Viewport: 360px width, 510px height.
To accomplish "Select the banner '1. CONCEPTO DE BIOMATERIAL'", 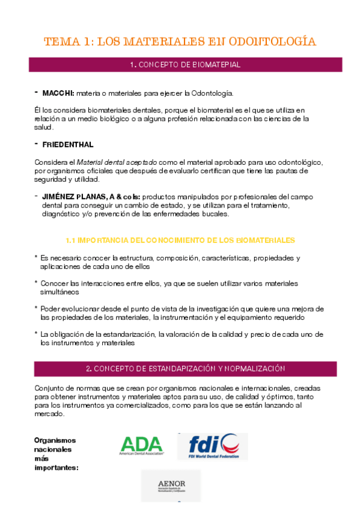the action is (185, 64).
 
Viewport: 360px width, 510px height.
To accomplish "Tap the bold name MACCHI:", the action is (58, 93).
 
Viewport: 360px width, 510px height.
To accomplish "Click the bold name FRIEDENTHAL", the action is (67, 145).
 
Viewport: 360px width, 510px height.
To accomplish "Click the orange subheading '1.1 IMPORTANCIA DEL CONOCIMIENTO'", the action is (180, 239).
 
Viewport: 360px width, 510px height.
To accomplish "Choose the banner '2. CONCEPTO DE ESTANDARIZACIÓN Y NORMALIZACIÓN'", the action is (185, 368).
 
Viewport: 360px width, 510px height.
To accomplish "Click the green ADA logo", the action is (142, 446).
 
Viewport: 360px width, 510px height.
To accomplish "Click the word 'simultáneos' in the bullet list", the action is (59, 292).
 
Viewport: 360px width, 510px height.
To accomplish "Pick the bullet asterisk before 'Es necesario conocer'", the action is (36, 257).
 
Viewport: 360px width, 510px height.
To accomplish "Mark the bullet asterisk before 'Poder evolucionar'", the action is (36, 307).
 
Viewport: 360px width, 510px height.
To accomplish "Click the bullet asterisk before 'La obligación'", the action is (36, 333).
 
